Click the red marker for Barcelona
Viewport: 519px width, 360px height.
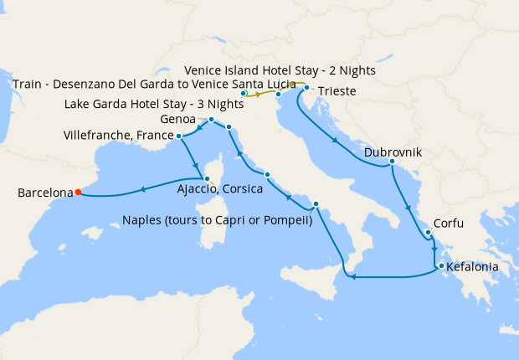[78, 192]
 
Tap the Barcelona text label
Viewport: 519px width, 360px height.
[45, 193]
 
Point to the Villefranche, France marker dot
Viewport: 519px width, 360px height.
[179, 135]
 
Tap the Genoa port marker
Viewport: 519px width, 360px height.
[211, 120]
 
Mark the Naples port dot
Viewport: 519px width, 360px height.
[316, 205]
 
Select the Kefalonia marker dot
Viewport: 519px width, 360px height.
[438, 267]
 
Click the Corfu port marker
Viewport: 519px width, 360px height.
[427, 233]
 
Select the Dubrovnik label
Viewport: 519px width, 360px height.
[393, 152]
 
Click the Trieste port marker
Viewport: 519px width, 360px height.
[307, 88]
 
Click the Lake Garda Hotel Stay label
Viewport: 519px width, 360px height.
[155, 105]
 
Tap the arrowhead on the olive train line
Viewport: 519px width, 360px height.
[259, 95]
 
